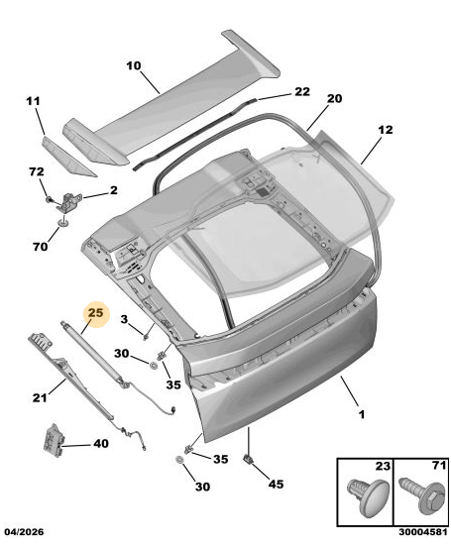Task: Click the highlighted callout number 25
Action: (95, 312)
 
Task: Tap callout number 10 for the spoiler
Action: (134, 65)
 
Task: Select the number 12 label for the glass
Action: (386, 130)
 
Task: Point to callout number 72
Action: (37, 171)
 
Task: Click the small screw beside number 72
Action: (50, 199)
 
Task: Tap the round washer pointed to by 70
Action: (63, 222)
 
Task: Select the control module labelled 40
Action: (54, 439)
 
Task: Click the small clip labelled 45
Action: (248, 459)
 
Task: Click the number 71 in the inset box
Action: (439, 466)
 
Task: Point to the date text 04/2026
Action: (24, 532)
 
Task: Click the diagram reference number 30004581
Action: (423, 532)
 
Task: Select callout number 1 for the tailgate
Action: (361, 414)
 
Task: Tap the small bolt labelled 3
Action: (146, 336)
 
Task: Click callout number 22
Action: (302, 91)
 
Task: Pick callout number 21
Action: (39, 397)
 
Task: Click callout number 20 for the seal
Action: (334, 99)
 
